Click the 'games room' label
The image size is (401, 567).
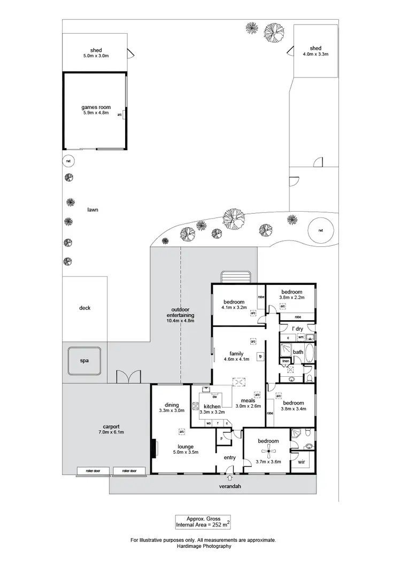coord(96,107)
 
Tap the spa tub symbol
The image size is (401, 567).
coord(84,361)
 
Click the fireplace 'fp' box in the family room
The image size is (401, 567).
coord(260,356)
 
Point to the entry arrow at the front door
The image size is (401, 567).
coord(229,477)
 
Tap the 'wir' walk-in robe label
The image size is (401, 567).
coord(302,462)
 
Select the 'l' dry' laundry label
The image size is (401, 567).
coord(297,329)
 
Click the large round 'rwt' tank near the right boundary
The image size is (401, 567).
coord(320,231)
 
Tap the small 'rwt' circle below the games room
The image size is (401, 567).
coord(68,160)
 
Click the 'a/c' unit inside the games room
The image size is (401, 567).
coord(120,115)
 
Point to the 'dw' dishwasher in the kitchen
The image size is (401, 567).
coord(214,397)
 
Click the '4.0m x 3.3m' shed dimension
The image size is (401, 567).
coord(315,54)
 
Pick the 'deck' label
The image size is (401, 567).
coord(84,308)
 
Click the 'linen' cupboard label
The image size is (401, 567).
coord(286,362)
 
